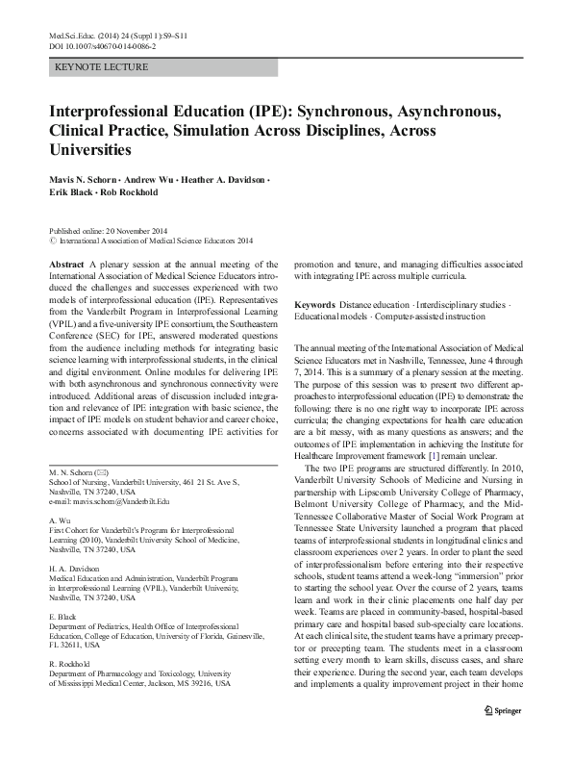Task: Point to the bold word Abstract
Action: [x=65, y=263]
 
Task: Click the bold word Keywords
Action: [x=314, y=304]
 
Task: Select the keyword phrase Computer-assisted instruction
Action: [x=422, y=317]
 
